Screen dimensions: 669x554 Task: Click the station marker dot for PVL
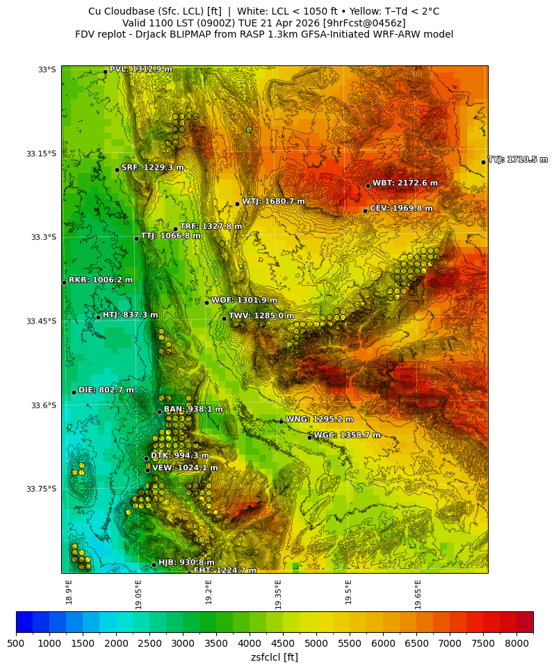[105, 72]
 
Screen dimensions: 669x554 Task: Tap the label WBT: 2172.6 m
[405, 184]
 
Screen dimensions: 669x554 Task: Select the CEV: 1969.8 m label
[400, 209]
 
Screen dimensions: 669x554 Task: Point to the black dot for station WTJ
[237, 204]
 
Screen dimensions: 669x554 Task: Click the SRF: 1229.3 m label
[152, 168]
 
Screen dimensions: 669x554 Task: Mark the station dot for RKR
[64, 282]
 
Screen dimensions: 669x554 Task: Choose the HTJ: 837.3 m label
[130, 315]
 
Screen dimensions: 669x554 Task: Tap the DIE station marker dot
[74, 392]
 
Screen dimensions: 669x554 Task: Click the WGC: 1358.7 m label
[347, 435]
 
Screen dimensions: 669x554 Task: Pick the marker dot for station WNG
[281, 421]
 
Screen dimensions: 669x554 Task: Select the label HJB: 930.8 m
[186, 563]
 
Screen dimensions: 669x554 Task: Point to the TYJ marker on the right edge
[483, 162]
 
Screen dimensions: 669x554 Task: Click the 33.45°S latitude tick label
[41, 321]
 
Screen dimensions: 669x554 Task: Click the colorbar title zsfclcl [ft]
[275, 657]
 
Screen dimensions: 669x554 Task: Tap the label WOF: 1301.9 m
[244, 300]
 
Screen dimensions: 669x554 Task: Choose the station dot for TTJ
[136, 239]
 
